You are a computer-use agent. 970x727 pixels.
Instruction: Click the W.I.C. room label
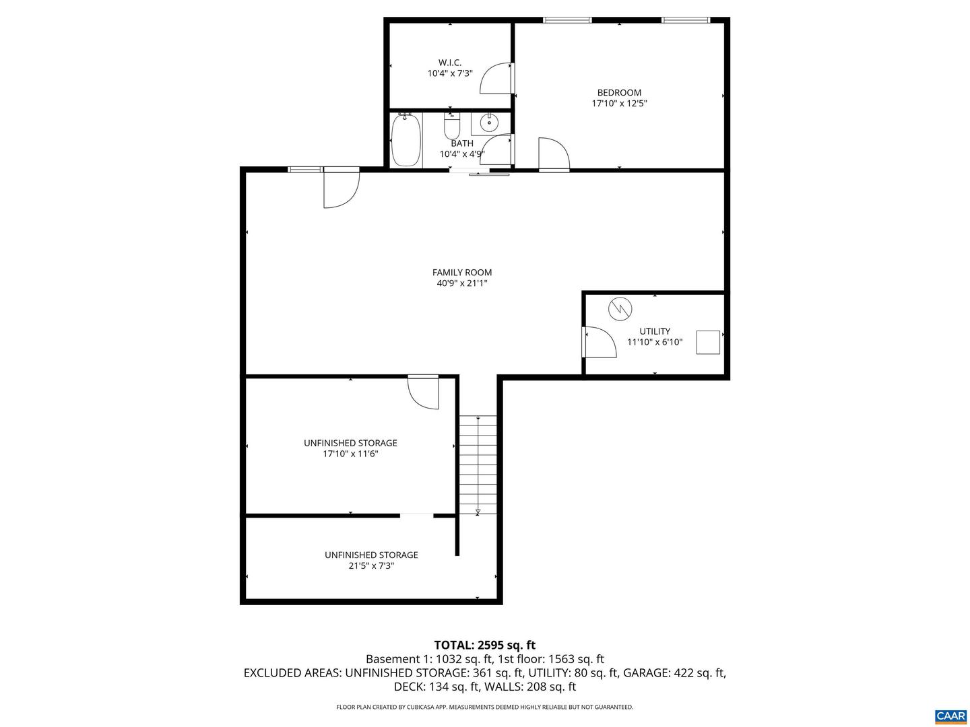pyautogui.click(x=450, y=63)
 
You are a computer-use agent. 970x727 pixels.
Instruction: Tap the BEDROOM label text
pyautogui.click(x=619, y=93)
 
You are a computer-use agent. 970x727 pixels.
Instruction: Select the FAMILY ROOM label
pyautogui.click(x=462, y=273)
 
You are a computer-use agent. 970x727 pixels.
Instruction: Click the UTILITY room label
pyautogui.click(x=655, y=331)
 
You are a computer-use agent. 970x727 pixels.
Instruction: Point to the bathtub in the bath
pyautogui.click(x=406, y=140)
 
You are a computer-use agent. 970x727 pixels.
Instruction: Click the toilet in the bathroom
pyautogui.click(x=452, y=125)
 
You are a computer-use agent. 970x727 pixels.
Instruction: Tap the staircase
pyautogui.click(x=478, y=464)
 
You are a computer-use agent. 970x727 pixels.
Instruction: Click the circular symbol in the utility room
pyautogui.click(x=620, y=310)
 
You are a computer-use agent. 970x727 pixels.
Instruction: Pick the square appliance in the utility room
pyautogui.click(x=708, y=342)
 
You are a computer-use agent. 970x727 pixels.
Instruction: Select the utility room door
pyautogui.click(x=600, y=342)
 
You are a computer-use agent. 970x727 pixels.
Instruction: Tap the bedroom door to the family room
pyautogui.click(x=554, y=155)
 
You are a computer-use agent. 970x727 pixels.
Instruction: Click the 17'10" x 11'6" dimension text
pyautogui.click(x=350, y=454)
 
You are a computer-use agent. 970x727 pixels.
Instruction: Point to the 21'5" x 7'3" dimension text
pyautogui.click(x=371, y=566)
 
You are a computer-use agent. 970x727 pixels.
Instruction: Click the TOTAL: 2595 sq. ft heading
pyautogui.click(x=485, y=645)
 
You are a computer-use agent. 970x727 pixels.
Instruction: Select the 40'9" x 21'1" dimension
pyautogui.click(x=462, y=283)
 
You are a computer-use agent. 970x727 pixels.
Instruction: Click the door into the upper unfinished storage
pyautogui.click(x=424, y=392)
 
